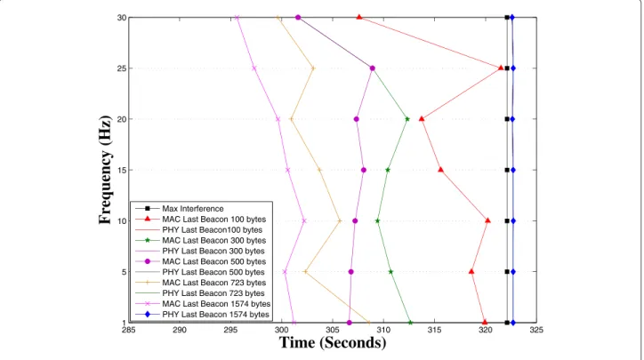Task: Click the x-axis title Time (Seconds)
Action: (333, 342)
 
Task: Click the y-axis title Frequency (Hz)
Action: (105, 170)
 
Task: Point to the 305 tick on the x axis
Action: (333, 330)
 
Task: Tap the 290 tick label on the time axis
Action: (180, 330)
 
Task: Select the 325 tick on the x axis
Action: (536, 330)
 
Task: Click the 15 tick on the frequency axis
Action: (122, 170)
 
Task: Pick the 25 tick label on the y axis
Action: (122, 68)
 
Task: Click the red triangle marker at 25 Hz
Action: (501, 68)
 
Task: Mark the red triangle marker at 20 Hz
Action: (422, 118)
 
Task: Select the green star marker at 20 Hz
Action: (407, 119)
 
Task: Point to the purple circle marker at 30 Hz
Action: (298, 17)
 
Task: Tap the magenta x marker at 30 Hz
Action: (237, 17)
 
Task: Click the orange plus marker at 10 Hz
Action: (340, 220)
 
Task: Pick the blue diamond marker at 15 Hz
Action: (513, 170)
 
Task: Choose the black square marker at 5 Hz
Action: (507, 272)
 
